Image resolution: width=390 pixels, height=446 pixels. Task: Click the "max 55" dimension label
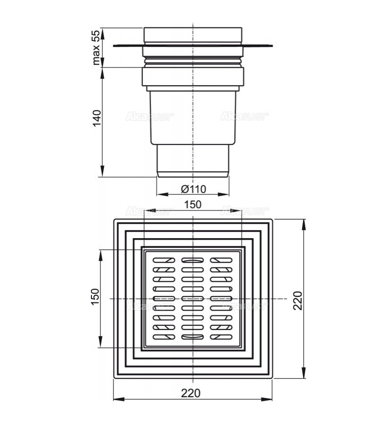click(x=97, y=47)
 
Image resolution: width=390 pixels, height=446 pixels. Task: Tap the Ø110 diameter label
click(x=193, y=189)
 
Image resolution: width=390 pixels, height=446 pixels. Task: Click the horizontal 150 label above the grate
click(x=193, y=205)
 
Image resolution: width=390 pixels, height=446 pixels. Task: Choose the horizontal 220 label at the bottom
click(x=191, y=392)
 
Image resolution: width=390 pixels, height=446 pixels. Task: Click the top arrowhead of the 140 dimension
click(x=102, y=70)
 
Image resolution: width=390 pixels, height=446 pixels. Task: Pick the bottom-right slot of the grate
click(x=221, y=337)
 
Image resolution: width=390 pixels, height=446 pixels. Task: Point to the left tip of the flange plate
click(x=114, y=46)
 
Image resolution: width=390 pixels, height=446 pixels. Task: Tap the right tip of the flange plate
click(x=273, y=46)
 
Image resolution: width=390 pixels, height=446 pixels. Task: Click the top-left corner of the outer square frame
click(x=114, y=219)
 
